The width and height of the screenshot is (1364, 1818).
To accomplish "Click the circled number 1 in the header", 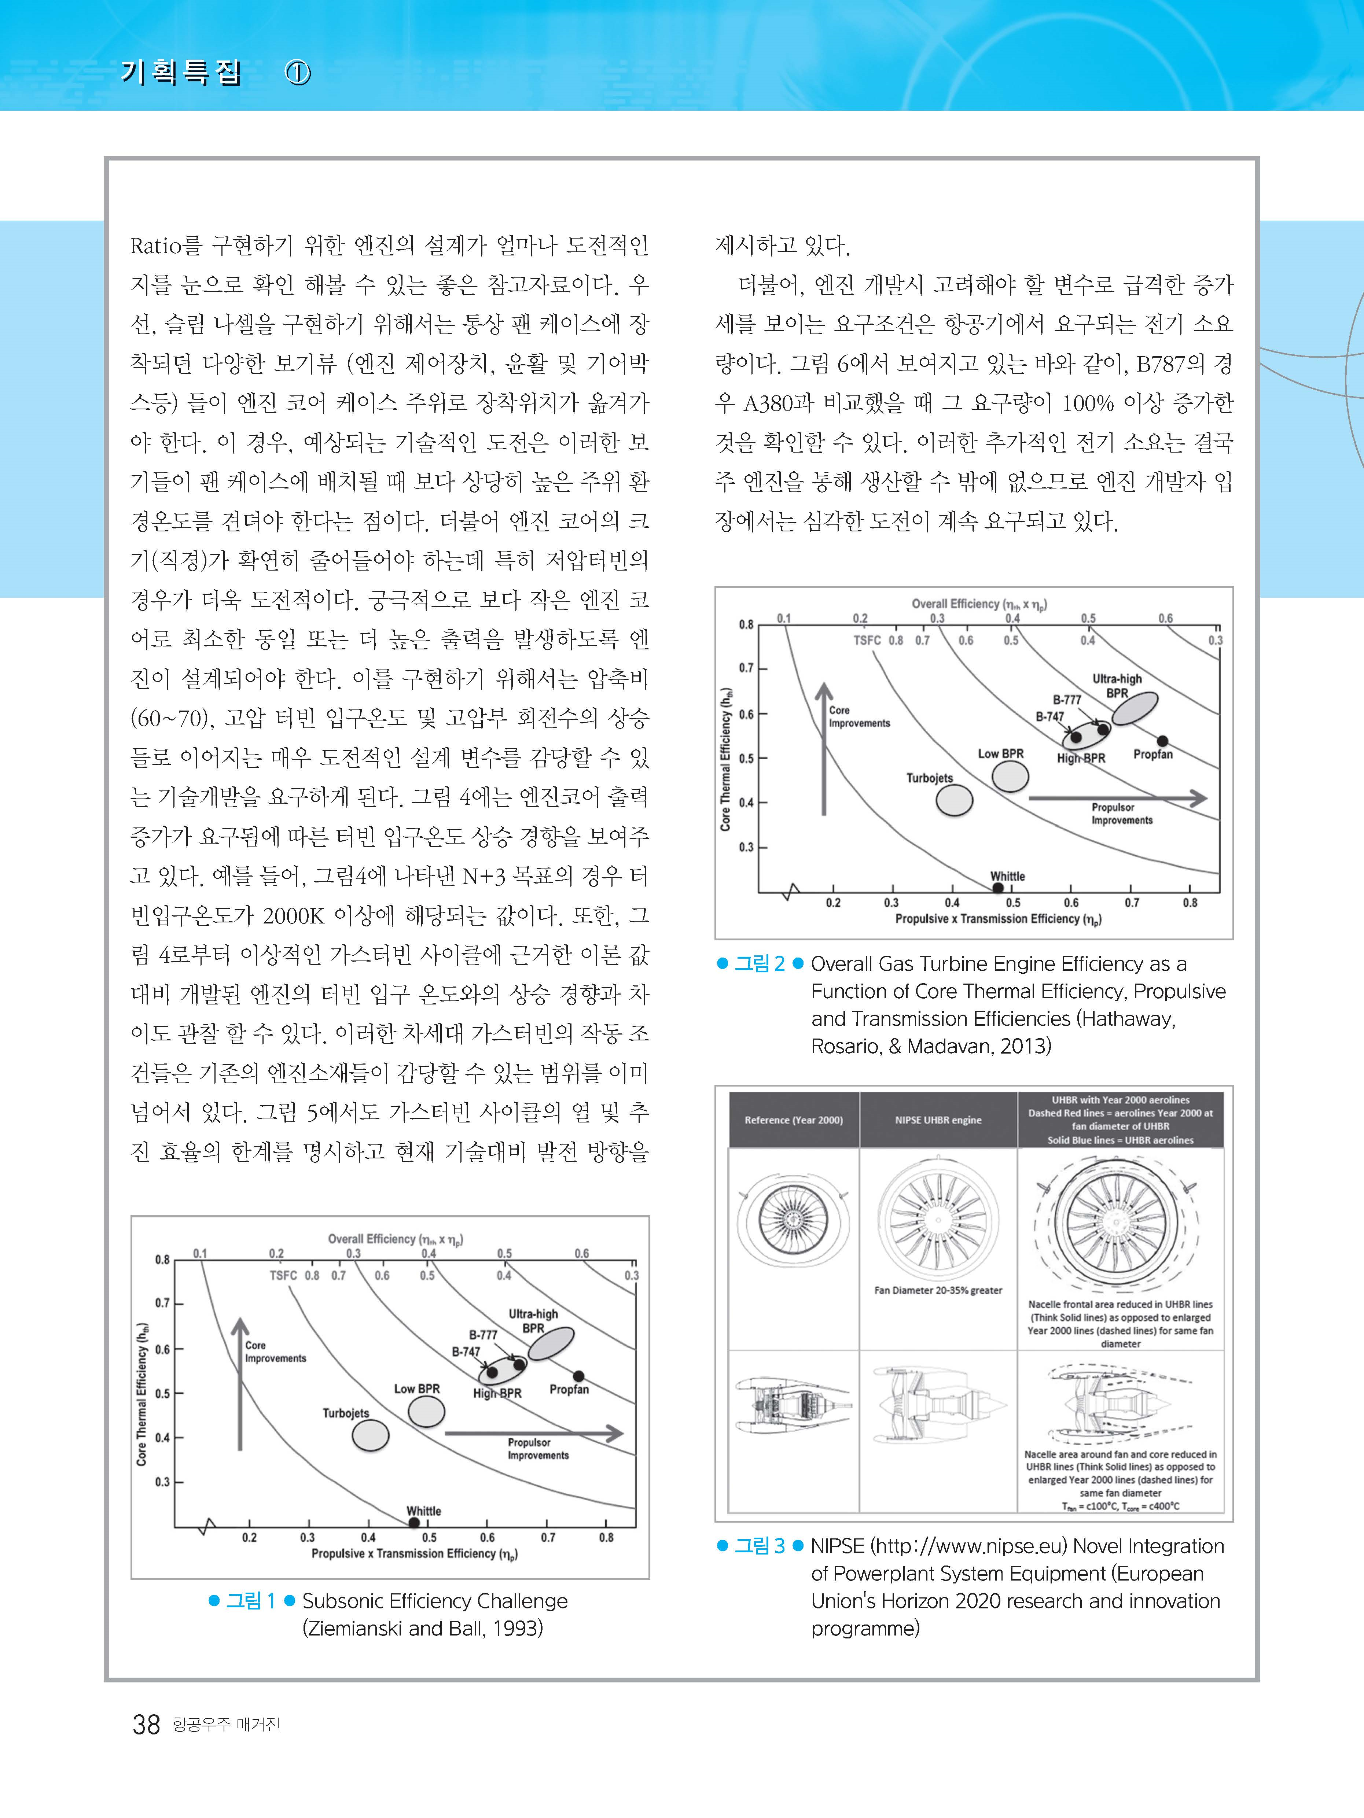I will click(298, 74).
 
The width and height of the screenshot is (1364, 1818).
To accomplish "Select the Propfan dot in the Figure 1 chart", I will click(579, 1376).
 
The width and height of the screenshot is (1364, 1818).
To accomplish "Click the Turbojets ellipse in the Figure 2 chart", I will click(955, 800).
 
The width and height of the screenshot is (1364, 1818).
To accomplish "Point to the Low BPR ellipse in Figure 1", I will click(427, 1411).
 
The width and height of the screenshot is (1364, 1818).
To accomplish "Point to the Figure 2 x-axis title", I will click(998, 919).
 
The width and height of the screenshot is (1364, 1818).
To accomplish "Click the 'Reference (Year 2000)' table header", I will click(793, 1120).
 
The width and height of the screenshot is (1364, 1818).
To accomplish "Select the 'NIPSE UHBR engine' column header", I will click(938, 1120).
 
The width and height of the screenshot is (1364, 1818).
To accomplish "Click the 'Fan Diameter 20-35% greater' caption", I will click(938, 1290).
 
